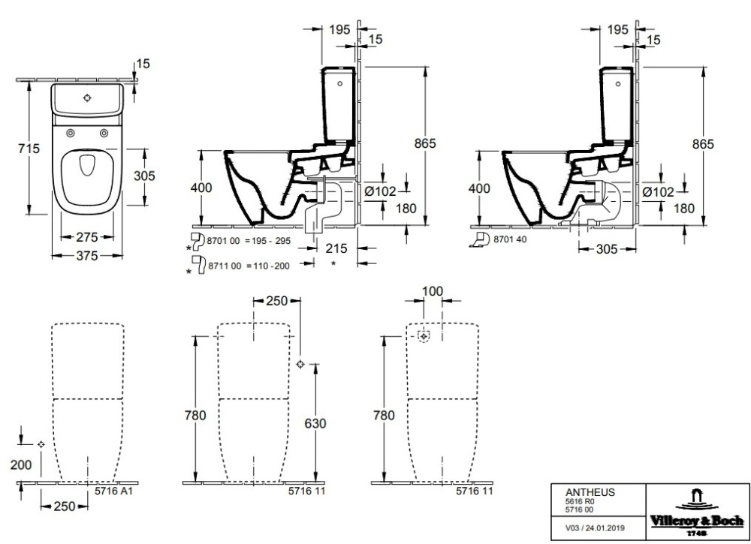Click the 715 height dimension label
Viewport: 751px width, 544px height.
(27, 149)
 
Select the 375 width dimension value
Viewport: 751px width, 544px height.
(88, 256)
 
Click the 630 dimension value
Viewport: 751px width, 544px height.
(315, 424)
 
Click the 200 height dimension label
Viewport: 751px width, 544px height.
(21, 465)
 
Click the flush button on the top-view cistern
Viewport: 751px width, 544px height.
(88, 98)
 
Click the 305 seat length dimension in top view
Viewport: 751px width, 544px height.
(143, 176)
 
